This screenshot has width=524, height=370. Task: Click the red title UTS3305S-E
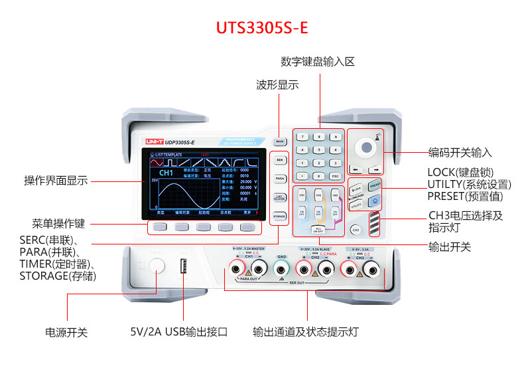(262, 29)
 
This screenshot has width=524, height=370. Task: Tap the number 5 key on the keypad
(319, 149)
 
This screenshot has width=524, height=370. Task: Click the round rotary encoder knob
(365, 147)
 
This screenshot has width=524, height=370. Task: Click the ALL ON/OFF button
(318, 229)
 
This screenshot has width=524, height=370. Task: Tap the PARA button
(279, 179)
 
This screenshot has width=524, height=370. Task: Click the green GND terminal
(282, 268)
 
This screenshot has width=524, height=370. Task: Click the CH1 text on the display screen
(166, 172)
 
